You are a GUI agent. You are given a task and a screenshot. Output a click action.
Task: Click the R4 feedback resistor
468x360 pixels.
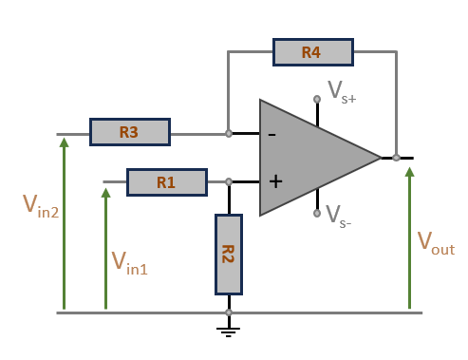coord(313,52)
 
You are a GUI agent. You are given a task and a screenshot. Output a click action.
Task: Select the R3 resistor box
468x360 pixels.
coord(130,132)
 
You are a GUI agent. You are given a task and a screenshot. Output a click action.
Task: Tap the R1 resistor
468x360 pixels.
coord(167,182)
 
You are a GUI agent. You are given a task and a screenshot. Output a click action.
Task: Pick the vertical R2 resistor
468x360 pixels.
coord(229,255)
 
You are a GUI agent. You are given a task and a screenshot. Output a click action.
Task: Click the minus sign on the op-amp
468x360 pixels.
coord(272,135)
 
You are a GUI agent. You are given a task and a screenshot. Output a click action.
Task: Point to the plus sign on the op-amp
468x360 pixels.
coord(275,181)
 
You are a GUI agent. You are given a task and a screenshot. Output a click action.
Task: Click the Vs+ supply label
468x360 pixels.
coord(342,92)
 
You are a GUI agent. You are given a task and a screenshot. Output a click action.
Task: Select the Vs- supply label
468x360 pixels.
coord(338,217)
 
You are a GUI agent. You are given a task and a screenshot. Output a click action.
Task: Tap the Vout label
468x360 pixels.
coord(436,243)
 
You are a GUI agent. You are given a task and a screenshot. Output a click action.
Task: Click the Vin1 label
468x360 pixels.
coord(130,263)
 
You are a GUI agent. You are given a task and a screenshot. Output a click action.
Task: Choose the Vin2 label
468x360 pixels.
coord(41,206)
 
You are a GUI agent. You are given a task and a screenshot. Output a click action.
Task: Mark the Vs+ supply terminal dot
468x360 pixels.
coord(317,99)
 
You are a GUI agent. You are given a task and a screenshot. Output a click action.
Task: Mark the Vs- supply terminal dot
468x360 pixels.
coord(317,214)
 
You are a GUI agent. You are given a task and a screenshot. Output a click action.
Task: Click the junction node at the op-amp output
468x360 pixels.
coord(396,158)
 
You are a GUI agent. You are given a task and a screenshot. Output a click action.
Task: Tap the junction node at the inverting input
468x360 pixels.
coord(229,134)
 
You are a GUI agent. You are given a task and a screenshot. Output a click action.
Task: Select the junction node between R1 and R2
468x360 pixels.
coord(229,181)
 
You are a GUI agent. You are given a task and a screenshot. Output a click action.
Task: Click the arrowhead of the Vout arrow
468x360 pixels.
coord(410,172)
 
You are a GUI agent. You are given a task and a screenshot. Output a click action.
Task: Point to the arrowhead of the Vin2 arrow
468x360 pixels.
coord(65,142)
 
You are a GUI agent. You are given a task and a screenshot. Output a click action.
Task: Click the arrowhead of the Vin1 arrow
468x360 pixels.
coord(105,193)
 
